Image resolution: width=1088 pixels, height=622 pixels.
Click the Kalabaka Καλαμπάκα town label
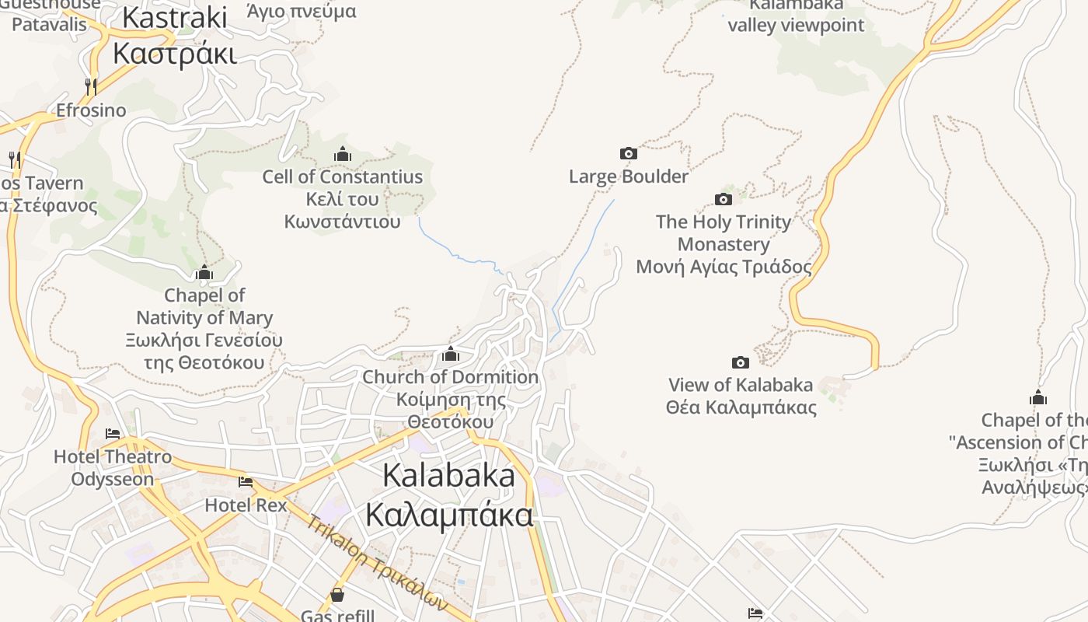(x=449, y=495)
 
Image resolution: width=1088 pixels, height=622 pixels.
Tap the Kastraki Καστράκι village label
(x=175, y=36)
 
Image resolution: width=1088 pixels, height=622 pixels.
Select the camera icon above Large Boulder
(x=628, y=154)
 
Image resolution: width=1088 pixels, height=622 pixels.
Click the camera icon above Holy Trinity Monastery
(x=723, y=200)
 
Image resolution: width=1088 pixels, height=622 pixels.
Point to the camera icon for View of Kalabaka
(x=741, y=362)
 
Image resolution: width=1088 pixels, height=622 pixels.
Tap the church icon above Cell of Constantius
(x=342, y=154)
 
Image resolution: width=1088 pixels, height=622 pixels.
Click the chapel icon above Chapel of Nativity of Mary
(x=204, y=272)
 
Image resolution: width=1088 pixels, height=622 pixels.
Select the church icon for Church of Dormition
(x=451, y=355)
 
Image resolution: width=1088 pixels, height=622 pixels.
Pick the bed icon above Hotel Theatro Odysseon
(x=113, y=434)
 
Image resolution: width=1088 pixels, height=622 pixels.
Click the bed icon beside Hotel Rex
(x=246, y=482)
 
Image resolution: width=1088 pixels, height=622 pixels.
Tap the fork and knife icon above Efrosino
(x=91, y=86)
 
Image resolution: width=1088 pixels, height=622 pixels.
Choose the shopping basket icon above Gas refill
(x=337, y=595)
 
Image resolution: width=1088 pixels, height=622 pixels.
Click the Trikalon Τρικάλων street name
(x=376, y=561)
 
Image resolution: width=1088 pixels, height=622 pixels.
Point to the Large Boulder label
(x=628, y=176)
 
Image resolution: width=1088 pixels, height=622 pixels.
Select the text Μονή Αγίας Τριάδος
(x=724, y=267)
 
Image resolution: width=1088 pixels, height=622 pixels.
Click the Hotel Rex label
(x=246, y=505)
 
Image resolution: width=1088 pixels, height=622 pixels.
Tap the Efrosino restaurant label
(x=91, y=110)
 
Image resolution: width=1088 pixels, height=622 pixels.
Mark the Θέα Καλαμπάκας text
(x=741, y=407)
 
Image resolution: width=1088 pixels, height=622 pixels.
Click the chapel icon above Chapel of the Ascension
(x=1037, y=398)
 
